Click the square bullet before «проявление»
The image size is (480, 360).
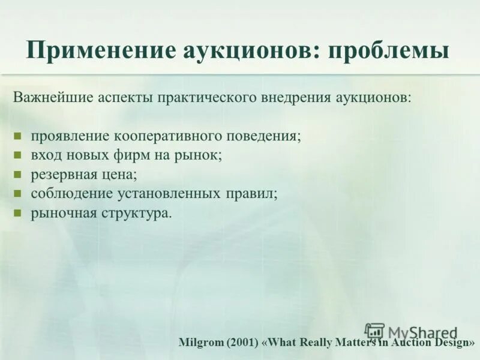(18, 136)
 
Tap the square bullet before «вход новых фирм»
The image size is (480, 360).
(18, 155)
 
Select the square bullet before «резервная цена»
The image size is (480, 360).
(18, 175)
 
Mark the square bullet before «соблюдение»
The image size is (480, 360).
(18, 194)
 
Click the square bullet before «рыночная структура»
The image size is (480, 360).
(18, 214)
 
